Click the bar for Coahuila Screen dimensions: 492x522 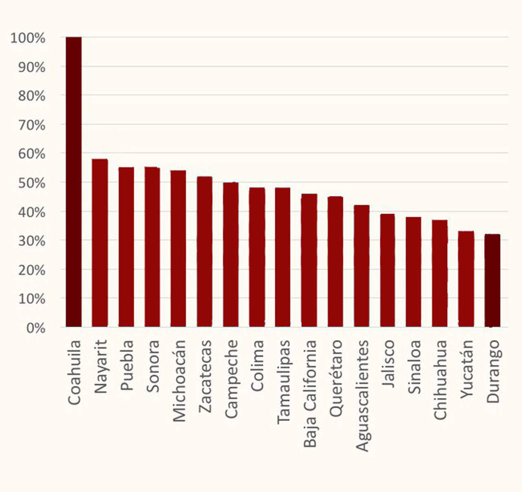(73, 182)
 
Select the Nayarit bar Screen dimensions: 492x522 (100, 243)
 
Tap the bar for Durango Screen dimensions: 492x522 (492, 280)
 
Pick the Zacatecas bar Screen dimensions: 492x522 (205, 251)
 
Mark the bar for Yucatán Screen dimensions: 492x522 (466, 279)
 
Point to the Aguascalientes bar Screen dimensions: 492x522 (362, 266)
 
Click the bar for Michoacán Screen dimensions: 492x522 (178, 248)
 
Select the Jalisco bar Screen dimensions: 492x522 (387, 270)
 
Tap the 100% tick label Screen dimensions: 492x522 (28, 38)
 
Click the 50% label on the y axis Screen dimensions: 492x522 (31, 183)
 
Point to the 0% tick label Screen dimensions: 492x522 (35, 328)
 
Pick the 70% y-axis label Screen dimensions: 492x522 (31, 125)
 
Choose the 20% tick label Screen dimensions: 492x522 (31, 270)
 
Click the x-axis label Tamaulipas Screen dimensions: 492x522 (283, 382)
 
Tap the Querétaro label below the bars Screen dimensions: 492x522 (336, 378)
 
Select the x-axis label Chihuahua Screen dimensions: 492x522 (440, 380)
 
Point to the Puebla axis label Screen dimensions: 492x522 (127, 365)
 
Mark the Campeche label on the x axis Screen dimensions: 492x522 (231, 379)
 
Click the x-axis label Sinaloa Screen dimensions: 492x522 (414, 367)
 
